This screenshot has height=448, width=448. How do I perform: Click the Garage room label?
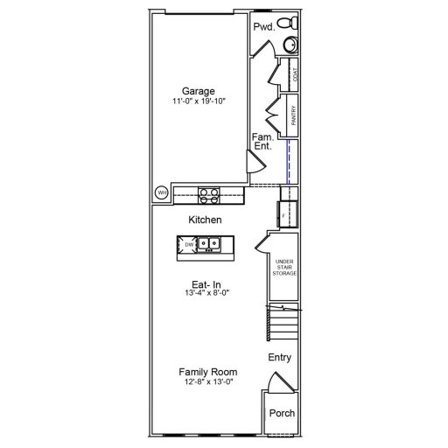198,91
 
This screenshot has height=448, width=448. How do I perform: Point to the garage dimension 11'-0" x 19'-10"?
198,102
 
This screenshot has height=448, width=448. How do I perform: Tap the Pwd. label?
263,27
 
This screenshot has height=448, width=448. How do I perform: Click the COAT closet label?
295,76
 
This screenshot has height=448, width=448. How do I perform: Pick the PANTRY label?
295,116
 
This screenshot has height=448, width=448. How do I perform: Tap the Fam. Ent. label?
262,143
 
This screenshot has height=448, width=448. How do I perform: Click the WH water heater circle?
162,192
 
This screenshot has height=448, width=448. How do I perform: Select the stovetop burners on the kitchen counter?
208,194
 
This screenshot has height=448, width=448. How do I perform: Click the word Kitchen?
205,220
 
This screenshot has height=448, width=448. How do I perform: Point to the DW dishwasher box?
188,245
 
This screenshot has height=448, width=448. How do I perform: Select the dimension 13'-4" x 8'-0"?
204,294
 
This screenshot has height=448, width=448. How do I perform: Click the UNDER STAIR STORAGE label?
284,268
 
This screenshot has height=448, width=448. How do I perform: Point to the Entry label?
280,357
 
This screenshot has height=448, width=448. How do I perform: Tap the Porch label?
281,414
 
